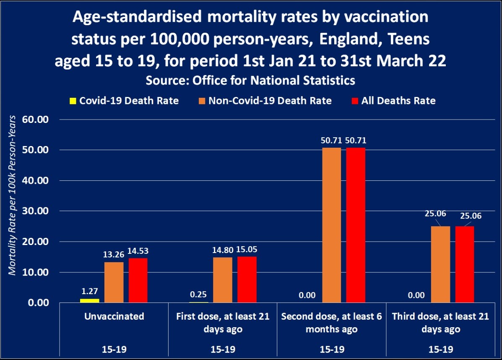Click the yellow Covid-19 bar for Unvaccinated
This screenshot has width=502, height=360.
tap(90, 300)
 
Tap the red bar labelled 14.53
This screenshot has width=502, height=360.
tap(138, 280)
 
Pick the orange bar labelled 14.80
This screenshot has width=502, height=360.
tap(223, 280)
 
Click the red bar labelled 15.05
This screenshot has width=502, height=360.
tap(247, 279)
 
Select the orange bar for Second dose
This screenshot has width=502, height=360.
tap(332, 225)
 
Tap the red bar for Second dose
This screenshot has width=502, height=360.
tap(356, 225)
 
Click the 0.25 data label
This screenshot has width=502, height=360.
tap(198, 295)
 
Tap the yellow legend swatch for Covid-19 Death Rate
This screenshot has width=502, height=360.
tap(72, 101)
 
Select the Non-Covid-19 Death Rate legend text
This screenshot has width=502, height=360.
tap(270, 101)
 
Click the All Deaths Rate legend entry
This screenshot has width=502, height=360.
tap(398, 101)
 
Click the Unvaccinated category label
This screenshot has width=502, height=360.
tap(114, 316)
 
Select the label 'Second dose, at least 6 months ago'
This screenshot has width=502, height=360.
tap(331, 322)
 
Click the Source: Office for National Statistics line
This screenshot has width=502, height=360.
tap(250, 80)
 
